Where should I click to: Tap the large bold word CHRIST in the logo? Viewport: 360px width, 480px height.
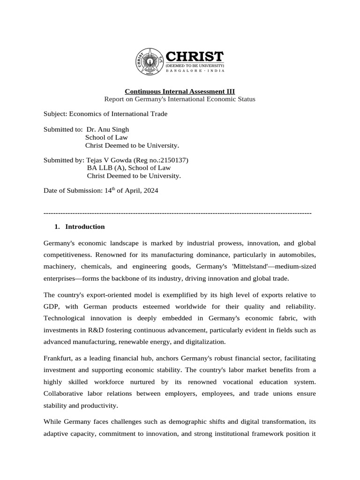pos(195,57)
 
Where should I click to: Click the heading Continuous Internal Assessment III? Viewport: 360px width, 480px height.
pos(180,91)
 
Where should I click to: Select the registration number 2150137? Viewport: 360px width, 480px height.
pos(174,160)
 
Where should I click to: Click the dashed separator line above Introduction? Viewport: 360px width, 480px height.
pos(177,213)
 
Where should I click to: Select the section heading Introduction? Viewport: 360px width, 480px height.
pos(85,227)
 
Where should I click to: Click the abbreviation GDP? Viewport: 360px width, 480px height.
pos(51,307)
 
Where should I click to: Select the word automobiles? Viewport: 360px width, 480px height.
pos(299,255)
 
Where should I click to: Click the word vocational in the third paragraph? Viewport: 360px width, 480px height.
pos(234,382)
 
